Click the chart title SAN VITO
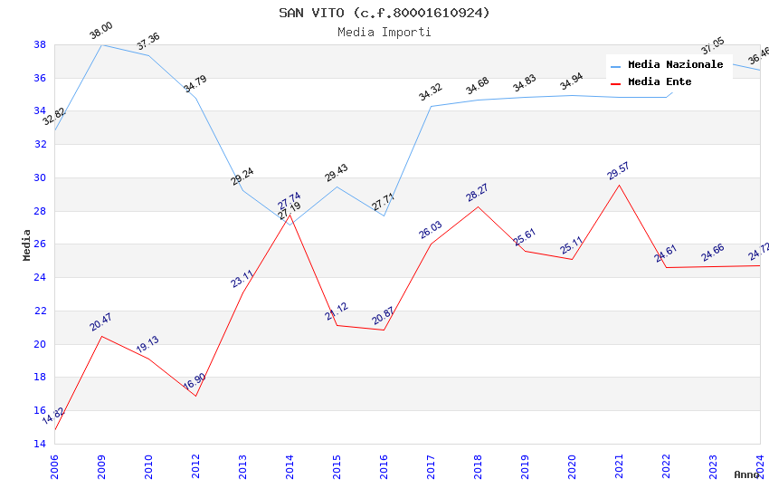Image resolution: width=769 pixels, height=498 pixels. click(x=384, y=13)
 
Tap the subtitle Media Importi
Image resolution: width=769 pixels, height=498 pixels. click(x=384, y=32)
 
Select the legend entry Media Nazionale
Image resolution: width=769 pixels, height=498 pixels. click(x=675, y=65)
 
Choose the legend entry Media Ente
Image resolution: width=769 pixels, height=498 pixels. click(x=660, y=82)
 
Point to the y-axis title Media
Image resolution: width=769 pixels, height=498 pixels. click(x=27, y=244)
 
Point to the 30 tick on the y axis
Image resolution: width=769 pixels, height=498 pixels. click(x=40, y=177)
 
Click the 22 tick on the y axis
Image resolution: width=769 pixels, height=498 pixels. click(x=40, y=311)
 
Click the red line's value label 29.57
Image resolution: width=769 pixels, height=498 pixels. click(x=618, y=171)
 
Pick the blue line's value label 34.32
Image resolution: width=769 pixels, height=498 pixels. click(x=430, y=92)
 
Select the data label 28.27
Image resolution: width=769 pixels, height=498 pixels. click(x=477, y=193)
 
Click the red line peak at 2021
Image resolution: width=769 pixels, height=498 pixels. click(x=619, y=185)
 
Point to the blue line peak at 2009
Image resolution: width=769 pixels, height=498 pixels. click(x=101, y=44)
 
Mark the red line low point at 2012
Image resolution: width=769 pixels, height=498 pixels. click(x=195, y=396)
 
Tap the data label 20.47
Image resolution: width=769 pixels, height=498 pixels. click(x=100, y=322)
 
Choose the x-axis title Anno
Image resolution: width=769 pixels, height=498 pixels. click(x=746, y=474)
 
